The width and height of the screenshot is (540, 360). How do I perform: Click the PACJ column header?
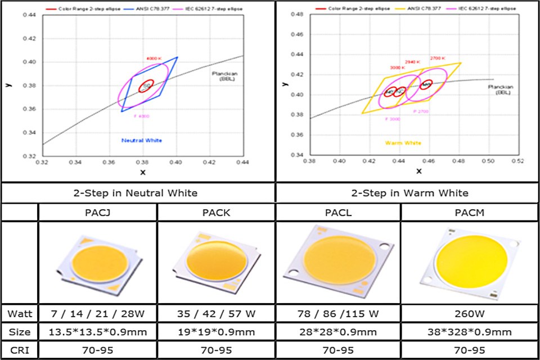97,212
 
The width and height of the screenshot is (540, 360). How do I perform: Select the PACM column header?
470,212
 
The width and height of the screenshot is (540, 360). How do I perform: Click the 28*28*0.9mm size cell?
337,331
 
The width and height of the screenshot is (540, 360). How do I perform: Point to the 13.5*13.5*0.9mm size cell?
97,331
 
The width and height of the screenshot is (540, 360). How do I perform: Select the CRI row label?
19,350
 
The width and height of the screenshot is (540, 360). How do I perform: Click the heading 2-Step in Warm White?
409,193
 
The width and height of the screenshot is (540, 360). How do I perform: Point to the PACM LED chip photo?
470,260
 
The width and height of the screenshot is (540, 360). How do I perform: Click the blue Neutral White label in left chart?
142,140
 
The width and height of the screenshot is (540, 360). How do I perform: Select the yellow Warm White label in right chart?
403,143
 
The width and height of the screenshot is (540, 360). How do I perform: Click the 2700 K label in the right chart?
438,58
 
